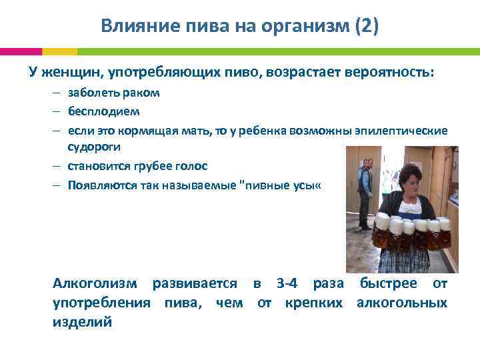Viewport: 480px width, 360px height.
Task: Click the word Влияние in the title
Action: [x=131, y=27]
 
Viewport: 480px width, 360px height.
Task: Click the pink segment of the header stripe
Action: [x=21, y=51]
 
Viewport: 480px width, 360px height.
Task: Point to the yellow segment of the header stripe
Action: [x=59, y=51]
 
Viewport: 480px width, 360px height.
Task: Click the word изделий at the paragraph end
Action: [x=82, y=322]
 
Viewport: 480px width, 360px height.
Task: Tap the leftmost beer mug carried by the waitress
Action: [x=382, y=230]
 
